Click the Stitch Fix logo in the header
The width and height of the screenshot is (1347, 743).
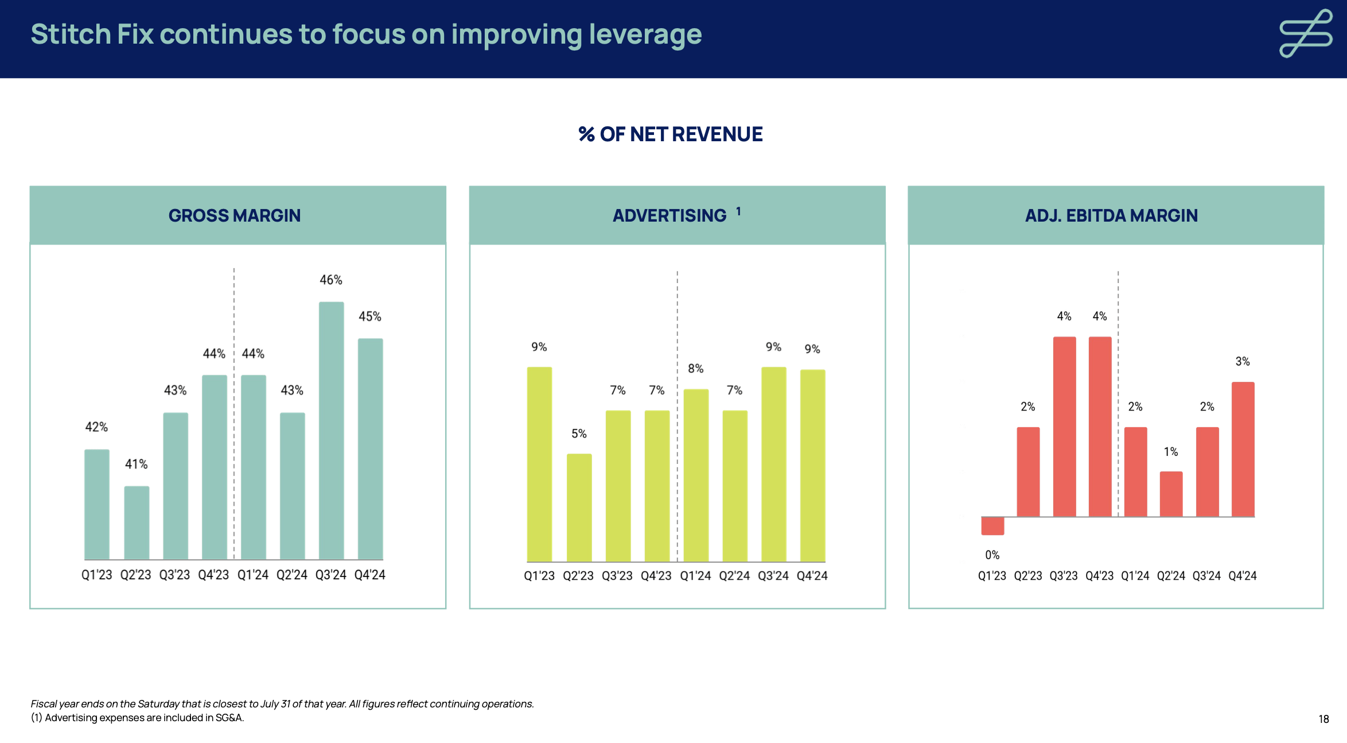pyautogui.click(x=1305, y=33)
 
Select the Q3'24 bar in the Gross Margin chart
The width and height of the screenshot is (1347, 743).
pyautogui.click(x=331, y=431)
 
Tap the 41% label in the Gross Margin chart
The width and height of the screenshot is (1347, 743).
pyautogui.click(x=137, y=464)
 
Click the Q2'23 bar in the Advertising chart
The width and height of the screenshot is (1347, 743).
pyautogui.click(x=579, y=508)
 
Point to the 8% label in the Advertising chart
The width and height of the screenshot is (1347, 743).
pyautogui.click(x=695, y=369)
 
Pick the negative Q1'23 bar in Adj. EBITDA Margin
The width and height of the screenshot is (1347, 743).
pyautogui.click(x=992, y=526)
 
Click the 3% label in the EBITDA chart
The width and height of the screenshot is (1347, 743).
pyautogui.click(x=1243, y=362)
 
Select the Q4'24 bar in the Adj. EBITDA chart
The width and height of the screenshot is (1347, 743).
pyautogui.click(x=1243, y=449)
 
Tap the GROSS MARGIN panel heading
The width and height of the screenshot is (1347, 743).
pyautogui.click(x=234, y=215)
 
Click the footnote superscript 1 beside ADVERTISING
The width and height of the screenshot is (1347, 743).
pyautogui.click(x=738, y=211)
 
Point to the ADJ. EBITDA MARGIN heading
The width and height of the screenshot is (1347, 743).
pyautogui.click(x=1111, y=215)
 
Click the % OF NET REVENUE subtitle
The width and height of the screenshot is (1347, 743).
pyautogui.click(x=671, y=134)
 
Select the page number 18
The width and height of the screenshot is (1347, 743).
pyautogui.click(x=1323, y=719)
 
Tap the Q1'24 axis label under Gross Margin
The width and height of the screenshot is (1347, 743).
pyautogui.click(x=252, y=575)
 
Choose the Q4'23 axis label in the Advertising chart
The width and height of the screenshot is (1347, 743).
pyautogui.click(x=656, y=576)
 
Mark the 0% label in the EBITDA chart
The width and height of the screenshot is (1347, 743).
pyautogui.click(x=992, y=555)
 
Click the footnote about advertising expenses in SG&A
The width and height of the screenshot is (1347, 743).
pyautogui.click(x=138, y=718)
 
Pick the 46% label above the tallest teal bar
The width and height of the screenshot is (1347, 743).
pyautogui.click(x=331, y=280)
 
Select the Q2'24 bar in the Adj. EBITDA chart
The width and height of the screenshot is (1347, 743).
pyautogui.click(x=1171, y=494)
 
